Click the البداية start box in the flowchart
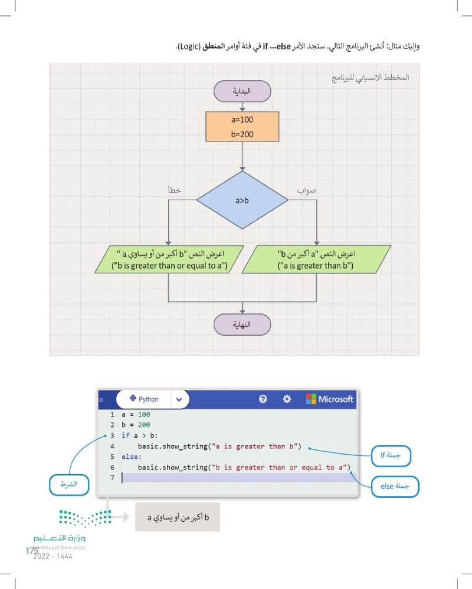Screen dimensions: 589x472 coord(242,91)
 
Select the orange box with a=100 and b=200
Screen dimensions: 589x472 coord(242,127)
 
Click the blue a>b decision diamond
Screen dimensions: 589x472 coord(242,200)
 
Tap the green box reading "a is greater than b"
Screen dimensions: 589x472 coord(316,259)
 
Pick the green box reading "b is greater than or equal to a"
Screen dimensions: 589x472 coord(169,259)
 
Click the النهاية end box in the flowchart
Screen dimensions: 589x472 coord(242,325)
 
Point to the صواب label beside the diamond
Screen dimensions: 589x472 coord(307,190)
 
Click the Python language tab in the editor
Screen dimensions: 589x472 coord(144,399)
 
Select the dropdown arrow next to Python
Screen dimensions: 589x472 coord(179,399)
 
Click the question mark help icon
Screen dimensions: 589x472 coord(263,399)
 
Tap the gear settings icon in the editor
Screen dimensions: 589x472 coord(287,399)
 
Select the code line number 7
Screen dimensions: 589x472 coord(112,478)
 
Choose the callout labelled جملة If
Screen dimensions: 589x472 coord(391,455)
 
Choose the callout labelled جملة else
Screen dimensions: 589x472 coord(395,487)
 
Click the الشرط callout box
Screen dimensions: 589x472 coord(69,484)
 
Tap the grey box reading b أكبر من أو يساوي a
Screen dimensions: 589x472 coord(177,517)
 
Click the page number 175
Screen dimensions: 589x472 coord(31,551)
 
